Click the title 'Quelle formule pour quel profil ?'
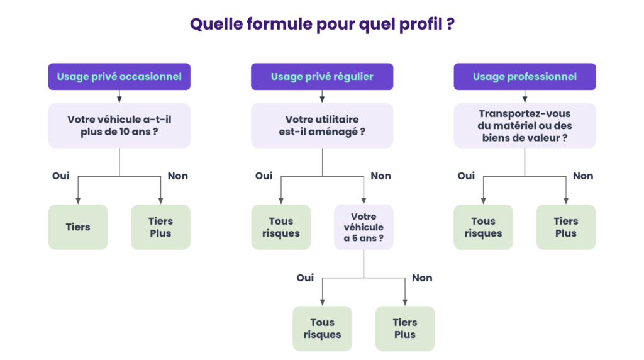click(x=322, y=25)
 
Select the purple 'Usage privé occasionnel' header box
click(x=119, y=77)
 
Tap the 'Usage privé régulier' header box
click(x=322, y=77)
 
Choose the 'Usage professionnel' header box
click(x=525, y=77)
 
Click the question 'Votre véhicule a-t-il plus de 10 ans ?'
click(x=119, y=126)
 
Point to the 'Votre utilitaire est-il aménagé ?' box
click(x=322, y=126)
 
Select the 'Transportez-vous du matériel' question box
click(x=525, y=126)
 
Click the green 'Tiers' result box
click(x=78, y=227)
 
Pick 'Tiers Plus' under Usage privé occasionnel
click(x=160, y=227)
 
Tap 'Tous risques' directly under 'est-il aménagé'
click(x=280, y=227)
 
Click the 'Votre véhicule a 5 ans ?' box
click(x=364, y=227)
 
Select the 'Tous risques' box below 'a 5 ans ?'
click(x=322, y=329)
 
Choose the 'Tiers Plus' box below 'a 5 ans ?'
click(x=405, y=329)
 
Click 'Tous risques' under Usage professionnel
click(x=483, y=227)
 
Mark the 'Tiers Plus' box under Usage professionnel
click(x=565, y=227)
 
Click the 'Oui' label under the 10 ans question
click(x=61, y=176)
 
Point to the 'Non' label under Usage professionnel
click(x=583, y=176)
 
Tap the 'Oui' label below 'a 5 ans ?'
click(x=305, y=278)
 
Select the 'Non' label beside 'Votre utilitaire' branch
click(x=380, y=176)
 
